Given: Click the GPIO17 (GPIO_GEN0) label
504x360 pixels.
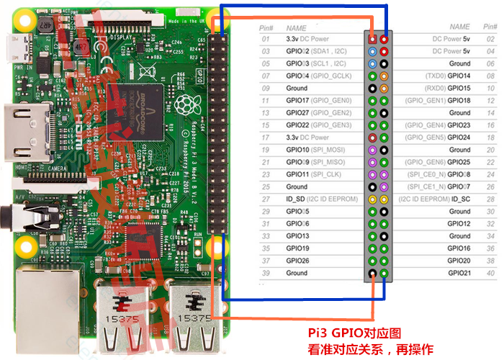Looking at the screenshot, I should pos(318,100).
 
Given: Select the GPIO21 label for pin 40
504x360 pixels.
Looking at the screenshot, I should pos(459,273).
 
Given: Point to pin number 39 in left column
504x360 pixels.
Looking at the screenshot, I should pos(266,273).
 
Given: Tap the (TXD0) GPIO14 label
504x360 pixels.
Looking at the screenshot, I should pos(448,76).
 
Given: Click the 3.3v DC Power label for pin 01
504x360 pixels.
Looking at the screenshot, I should pos(307,39).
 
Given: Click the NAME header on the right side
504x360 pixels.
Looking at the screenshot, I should pos(459,27).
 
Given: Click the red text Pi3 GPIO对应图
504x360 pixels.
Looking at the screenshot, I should pos(354,333).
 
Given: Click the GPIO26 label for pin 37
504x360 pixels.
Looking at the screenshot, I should pos(297,261).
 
